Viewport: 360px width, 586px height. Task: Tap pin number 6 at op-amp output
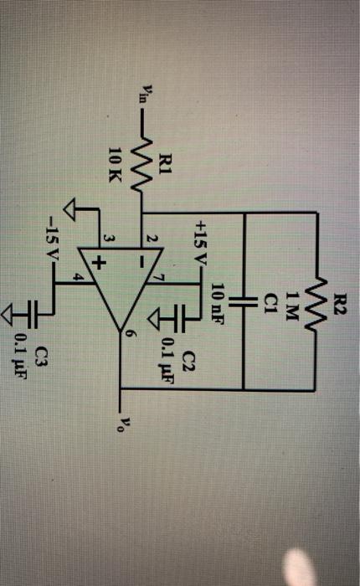130,334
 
